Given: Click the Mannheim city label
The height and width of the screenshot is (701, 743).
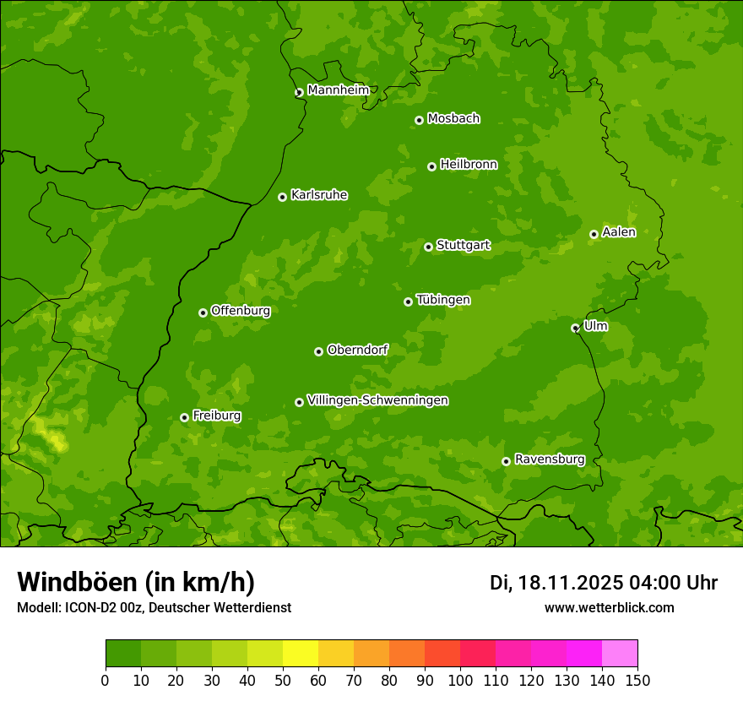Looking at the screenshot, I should [338, 90].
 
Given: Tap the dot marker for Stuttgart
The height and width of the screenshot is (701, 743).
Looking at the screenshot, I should [428, 247].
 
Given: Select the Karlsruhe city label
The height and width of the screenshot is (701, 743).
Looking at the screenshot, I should [318, 195].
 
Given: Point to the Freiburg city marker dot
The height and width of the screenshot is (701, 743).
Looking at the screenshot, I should [184, 417].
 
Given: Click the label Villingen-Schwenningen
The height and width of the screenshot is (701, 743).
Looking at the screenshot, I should [377, 400].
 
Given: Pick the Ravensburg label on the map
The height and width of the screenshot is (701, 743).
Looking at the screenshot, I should [549, 459].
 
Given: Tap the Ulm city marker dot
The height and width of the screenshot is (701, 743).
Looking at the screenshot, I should [575, 328].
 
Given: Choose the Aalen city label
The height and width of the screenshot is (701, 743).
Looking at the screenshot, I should [618, 232].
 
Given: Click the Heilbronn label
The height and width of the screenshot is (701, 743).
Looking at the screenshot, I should [469, 165].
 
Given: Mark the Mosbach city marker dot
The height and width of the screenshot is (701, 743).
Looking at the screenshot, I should [419, 120].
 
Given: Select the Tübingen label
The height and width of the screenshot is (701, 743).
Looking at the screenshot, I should [443, 300].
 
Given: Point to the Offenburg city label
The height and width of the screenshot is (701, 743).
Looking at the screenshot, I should [240, 311].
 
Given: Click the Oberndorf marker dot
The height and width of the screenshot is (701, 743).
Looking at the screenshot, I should [318, 351].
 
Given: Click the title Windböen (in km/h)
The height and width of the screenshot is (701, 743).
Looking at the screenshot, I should [135, 582].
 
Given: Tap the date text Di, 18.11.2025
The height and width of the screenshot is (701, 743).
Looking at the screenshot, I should [556, 583].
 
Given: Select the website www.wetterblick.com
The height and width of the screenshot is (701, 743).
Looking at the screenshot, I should [609, 607].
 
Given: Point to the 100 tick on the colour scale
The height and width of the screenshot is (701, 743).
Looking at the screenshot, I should [460, 680].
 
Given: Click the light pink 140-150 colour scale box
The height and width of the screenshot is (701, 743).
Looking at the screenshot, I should [620, 654].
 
